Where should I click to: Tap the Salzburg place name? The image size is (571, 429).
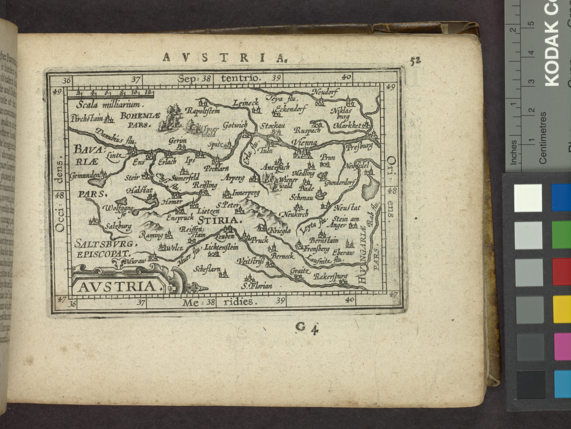point(119,226)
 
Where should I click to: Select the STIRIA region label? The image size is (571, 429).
point(220,220)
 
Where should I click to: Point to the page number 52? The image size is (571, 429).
point(415,60)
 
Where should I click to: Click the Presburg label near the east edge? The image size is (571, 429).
point(359,147)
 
